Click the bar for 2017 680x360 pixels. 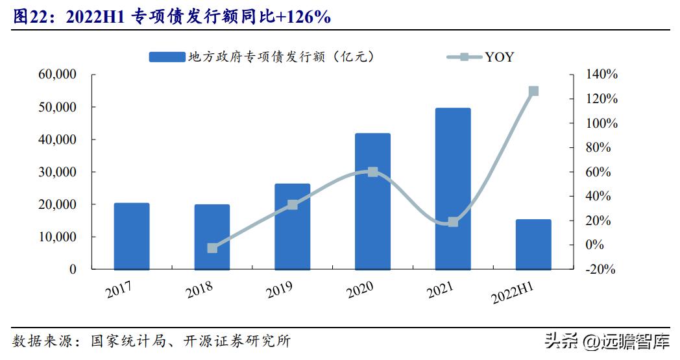click(131, 237)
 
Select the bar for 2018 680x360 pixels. click(212, 237)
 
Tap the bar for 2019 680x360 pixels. click(292, 227)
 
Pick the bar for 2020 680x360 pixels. click(372, 202)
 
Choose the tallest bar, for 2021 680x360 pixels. click(453, 189)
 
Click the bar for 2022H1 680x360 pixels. click(533, 245)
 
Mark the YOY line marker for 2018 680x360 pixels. click(212, 248)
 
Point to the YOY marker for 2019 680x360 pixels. click(292, 205)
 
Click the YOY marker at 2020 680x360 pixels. click(372, 172)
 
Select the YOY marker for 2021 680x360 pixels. click(453, 222)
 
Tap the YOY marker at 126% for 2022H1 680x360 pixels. click(533, 91)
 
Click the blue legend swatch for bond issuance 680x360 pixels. click(166, 57)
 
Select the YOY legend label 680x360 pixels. click(499, 57)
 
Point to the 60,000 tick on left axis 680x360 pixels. click(58, 75)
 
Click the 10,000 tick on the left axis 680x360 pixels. click(58, 237)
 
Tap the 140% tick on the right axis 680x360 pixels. click(601, 75)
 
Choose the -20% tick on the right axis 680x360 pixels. click(600, 270)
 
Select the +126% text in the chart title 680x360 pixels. click(303, 18)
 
